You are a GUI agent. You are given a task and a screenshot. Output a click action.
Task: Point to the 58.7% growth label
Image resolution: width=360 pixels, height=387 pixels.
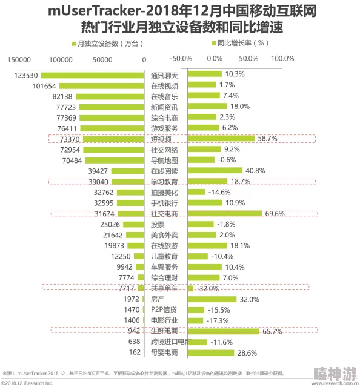coord(267,139)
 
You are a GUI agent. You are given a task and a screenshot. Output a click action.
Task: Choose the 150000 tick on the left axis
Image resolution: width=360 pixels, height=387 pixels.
coord(20,59)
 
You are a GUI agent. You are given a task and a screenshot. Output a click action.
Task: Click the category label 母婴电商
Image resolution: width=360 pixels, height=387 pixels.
coord(164,352)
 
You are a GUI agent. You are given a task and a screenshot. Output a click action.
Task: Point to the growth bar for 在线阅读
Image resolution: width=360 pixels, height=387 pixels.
coord(216,171)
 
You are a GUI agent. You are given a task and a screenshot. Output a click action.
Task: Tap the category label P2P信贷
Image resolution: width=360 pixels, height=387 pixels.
coord(164,309)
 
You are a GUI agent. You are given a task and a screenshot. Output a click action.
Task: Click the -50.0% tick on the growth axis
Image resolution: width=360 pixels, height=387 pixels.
coord(181,59)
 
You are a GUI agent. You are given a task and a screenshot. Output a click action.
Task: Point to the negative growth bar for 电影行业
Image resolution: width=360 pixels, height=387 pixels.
coord(196,320)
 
